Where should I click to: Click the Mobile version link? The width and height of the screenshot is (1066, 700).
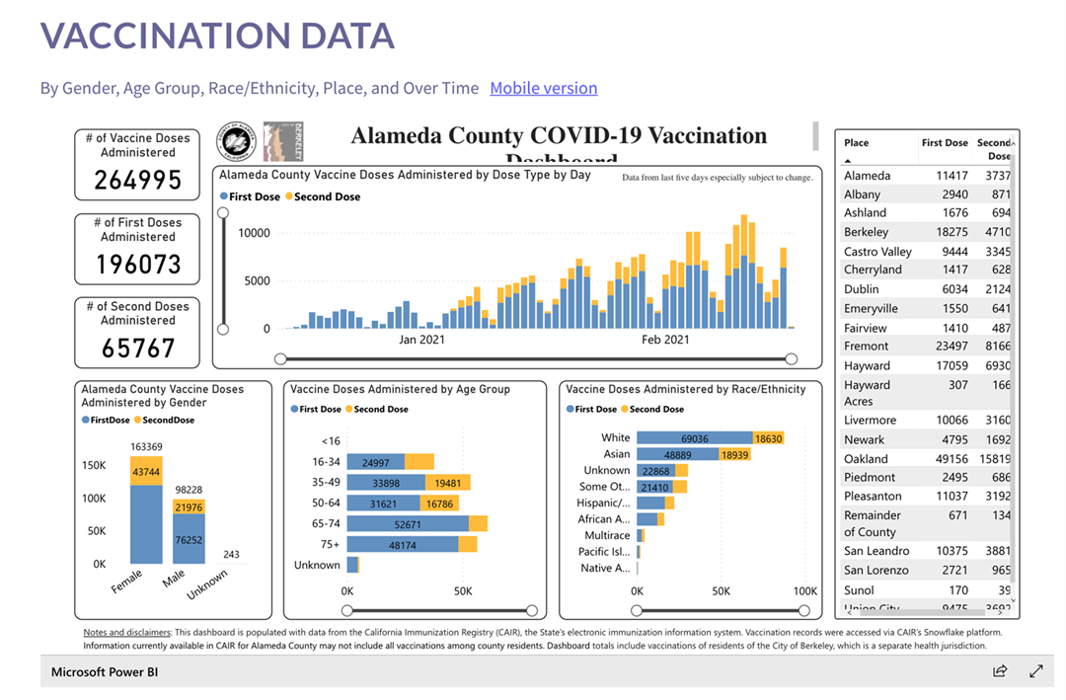click(x=543, y=88)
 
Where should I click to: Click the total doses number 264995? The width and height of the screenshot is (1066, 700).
click(x=138, y=180)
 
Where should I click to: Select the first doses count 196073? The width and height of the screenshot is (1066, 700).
click(x=138, y=264)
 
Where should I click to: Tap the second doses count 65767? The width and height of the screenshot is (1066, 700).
click(x=138, y=348)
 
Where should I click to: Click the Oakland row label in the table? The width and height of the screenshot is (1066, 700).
click(x=866, y=459)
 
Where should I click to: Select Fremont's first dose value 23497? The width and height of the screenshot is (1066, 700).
click(x=945, y=347)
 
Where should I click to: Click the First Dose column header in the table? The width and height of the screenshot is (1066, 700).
click(x=945, y=143)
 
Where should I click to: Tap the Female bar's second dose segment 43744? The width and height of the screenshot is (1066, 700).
click(x=146, y=470)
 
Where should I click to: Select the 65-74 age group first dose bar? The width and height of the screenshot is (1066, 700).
click(x=407, y=524)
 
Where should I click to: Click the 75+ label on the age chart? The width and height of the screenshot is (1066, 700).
click(x=329, y=544)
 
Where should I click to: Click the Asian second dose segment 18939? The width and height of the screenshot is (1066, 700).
click(x=733, y=454)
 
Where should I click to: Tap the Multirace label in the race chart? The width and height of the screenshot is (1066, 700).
click(x=607, y=535)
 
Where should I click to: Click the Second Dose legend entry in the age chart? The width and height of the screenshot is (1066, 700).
click(x=380, y=409)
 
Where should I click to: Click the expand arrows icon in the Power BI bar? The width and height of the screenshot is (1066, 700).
click(x=1035, y=671)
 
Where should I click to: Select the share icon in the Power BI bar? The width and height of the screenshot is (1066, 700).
click(x=1000, y=671)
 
